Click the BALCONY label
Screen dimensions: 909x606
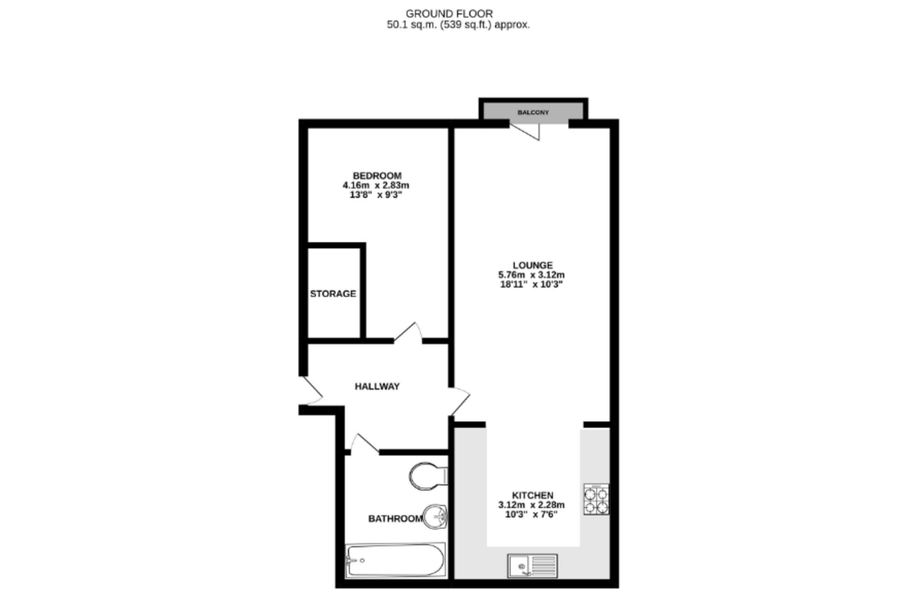(x=533, y=113)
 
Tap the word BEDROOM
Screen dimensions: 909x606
(x=377, y=176)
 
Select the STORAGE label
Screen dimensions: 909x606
(x=333, y=294)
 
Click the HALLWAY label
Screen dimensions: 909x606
(x=377, y=387)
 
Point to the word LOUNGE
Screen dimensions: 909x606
(x=533, y=266)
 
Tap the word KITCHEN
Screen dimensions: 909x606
(x=533, y=496)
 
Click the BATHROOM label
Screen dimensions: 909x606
(x=395, y=519)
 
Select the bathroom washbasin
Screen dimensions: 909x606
(x=435, y=517)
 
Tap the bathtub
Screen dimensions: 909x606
(x=396, y=561)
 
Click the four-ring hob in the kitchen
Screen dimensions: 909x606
(x=596, y=499)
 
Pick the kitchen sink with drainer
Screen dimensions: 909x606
(x=533, y=566)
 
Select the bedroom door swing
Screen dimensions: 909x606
(x=408, y=333)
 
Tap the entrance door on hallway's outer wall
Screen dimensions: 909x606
(x=311, y=391)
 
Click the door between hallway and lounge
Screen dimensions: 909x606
(x=459, y=401)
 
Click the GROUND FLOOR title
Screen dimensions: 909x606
(x=449, y=14)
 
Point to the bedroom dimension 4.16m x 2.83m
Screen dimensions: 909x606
(x=376, y=186)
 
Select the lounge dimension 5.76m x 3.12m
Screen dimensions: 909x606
(x=531, y=275)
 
